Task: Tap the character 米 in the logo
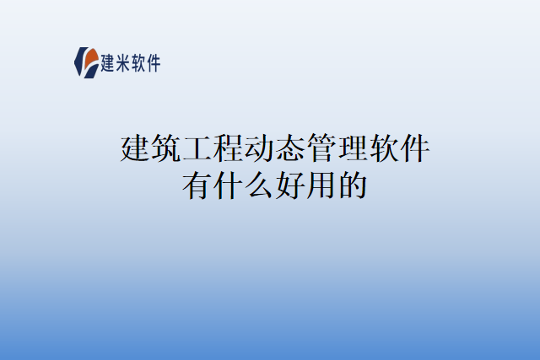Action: (123, 62)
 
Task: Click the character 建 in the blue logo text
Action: (107, 62)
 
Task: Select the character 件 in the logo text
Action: (153, 62)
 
